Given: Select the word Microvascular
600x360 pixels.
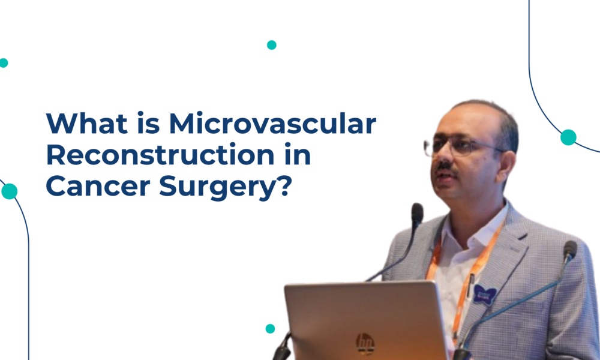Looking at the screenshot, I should [272, 124].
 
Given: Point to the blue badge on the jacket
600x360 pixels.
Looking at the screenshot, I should [485, 293].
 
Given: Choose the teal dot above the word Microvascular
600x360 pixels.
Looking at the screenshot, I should [271, 45].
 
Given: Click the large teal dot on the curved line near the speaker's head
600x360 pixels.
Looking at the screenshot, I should [568, 137].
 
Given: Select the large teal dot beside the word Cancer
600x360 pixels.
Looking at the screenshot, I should [10, 191].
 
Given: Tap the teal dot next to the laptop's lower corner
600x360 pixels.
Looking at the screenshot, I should [270, 328].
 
